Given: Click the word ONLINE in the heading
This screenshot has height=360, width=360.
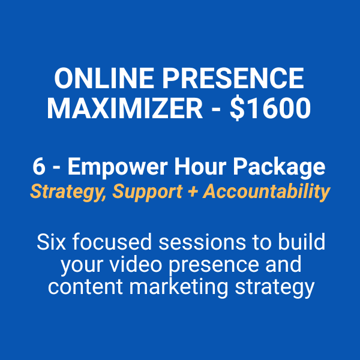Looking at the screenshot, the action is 104,78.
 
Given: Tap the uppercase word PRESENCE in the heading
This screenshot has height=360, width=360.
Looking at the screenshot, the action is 233,78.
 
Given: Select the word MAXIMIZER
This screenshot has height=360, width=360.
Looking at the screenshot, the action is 125,108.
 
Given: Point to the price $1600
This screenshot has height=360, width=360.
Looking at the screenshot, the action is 270,108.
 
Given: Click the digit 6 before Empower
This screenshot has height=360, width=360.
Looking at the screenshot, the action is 39,167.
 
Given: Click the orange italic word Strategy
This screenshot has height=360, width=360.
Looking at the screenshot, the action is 68,193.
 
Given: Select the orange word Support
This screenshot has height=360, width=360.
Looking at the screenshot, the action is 148,193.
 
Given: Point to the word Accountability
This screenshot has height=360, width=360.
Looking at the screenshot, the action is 266,193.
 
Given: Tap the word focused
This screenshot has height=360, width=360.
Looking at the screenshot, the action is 112,241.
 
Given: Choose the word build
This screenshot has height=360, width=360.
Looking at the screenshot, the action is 301,241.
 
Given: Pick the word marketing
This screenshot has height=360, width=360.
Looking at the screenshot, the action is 178,288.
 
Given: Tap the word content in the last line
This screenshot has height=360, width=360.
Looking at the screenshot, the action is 85,287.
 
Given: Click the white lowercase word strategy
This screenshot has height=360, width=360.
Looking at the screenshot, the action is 274,288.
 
